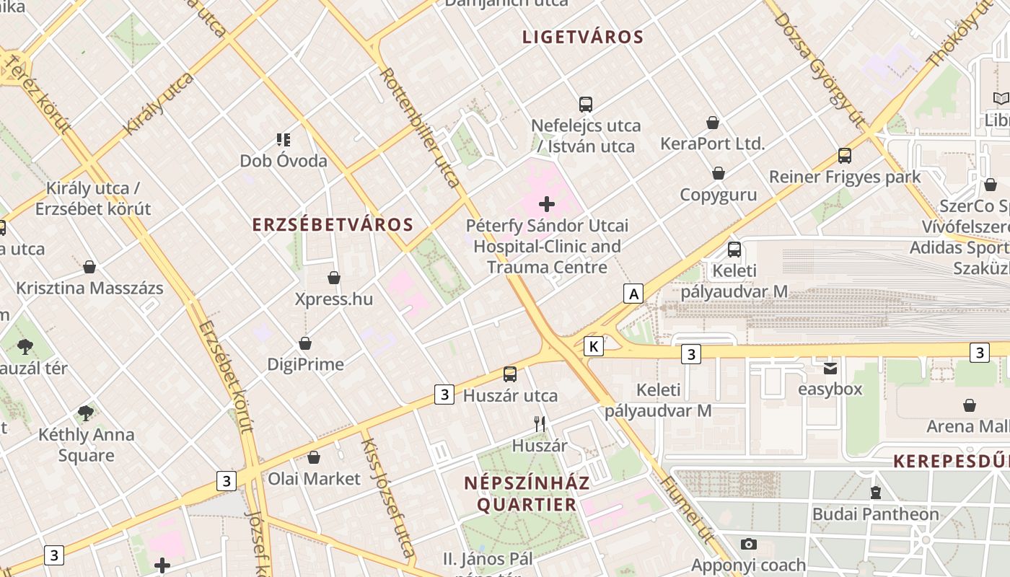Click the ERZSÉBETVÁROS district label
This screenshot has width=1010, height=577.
click(x=333, y=224)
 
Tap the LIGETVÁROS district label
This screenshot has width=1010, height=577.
click(x=583, y=38)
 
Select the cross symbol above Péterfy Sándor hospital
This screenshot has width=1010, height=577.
click(x=548, y=204)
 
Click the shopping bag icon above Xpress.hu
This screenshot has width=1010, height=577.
click(x=334, y=278)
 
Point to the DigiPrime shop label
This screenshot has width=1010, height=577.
click(x=305, y=364)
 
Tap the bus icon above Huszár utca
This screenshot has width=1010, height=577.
click(x=510, y=374)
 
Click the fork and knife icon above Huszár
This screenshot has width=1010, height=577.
click(x=539, y=424)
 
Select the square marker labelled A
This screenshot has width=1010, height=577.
click(x=633, y=294)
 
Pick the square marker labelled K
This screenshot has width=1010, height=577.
click(x=594, y=346)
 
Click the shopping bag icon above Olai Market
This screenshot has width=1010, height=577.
click(x=314, y=457)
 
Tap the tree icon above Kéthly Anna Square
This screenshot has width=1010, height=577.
click(x=86, y=413)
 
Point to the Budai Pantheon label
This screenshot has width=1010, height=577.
click(x=875, y=514)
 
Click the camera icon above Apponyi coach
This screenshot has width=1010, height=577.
click(x=748, y=544)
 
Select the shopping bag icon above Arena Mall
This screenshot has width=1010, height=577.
click(x=969, y=405)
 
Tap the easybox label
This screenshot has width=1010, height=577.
click(x=830, y=389)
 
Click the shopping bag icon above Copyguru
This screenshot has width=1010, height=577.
click(x=719, y=173)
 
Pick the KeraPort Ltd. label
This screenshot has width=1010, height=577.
click(x=712, y=144)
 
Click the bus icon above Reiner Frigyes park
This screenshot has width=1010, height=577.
click(x=844, y=155)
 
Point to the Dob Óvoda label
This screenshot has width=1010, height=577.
click(x=284, y=161)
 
